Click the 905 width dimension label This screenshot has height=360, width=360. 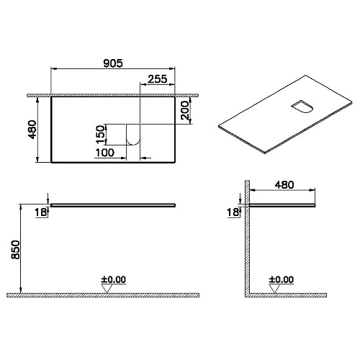pyautogui.click(x=113, y=63)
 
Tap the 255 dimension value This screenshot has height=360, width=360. pyautogui.click(x=158, y=79)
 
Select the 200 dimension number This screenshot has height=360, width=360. pyautogui.click(x=185, y=110)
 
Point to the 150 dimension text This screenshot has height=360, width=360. pyautogui.click(x=101, y=134)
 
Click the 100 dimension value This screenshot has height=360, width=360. pyautogui.click(x=105, y=153)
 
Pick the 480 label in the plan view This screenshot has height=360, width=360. pyautogui.click(x=32, y=130)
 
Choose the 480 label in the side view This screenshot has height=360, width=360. pyautogui.click(x=284, y=185)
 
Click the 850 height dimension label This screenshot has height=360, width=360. pyautogui.click(x=16, y=250)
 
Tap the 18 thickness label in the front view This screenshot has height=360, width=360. pyautogui.click(x=41, y=212)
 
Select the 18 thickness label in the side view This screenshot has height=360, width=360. pyautogui.click(x=233, y=212)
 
